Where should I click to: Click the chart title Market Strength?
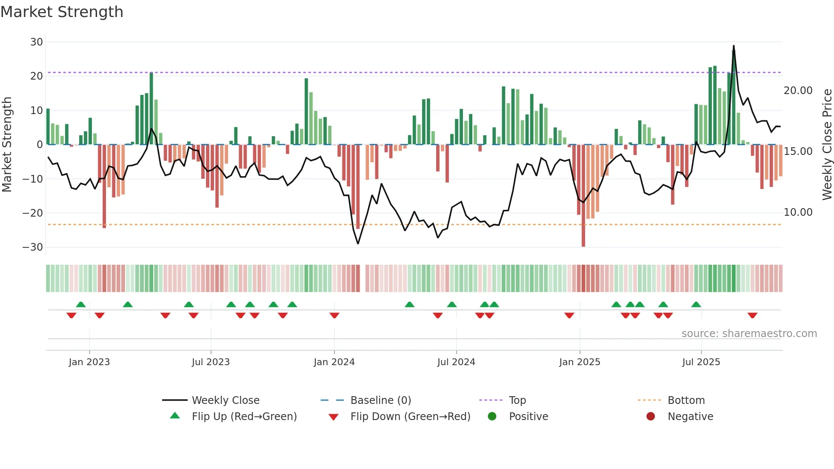click(62, 12)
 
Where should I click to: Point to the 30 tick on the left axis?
click(37, 42)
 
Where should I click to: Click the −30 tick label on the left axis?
click(33, 247)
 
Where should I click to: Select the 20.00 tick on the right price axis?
click(798, 91)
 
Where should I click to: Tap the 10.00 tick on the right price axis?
click(798, 212)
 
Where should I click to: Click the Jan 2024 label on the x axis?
click(334, 362)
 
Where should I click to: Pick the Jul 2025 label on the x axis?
click(701, 362)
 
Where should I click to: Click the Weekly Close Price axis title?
click(827, 145)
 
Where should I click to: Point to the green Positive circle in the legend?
click(492, 417)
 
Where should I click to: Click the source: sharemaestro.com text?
click(749, 334)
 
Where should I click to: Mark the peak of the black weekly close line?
click(734, 46)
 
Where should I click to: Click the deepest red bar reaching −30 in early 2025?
click(583, 196)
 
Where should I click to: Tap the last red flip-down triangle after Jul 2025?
click(752, 315)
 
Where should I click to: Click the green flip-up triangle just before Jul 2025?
click(696, 305)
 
